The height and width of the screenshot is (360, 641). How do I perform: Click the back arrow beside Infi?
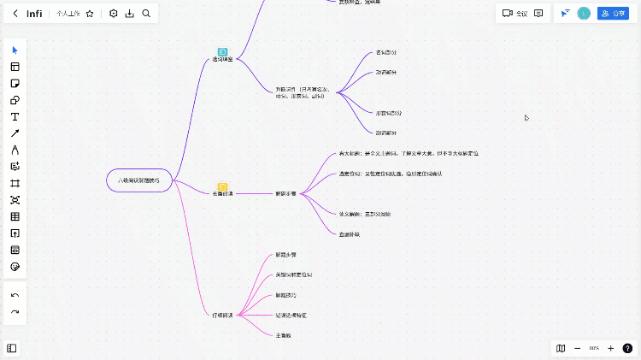point(15,14)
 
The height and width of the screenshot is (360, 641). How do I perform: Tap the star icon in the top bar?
point(90,14)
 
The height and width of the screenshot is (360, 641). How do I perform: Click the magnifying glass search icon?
point(146,14)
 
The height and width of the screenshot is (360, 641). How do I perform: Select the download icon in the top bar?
point(130,14)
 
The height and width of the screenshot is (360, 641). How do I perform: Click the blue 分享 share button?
point(612,14)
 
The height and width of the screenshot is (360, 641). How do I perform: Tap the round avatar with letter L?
point(584,14)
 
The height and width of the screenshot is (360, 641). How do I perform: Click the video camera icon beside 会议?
point(508,14)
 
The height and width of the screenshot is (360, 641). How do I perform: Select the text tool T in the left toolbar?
point(15,116)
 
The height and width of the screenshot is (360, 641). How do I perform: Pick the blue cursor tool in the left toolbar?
point(15,50)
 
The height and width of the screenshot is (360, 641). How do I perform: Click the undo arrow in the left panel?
point(15,295)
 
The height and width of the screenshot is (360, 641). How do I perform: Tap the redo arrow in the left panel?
point(15,312)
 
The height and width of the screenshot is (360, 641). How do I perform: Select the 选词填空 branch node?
point(222,59)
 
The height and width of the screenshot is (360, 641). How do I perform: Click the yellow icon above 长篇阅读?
point(222,186)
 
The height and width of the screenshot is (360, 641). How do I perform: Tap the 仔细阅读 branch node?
point(223,316)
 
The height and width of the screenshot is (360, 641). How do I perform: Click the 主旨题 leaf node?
point(284,335)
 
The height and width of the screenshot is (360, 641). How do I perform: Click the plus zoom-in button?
point(610,348)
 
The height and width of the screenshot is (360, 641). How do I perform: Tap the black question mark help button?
point(627,348)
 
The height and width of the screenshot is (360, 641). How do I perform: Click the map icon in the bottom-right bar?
point(561,348)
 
